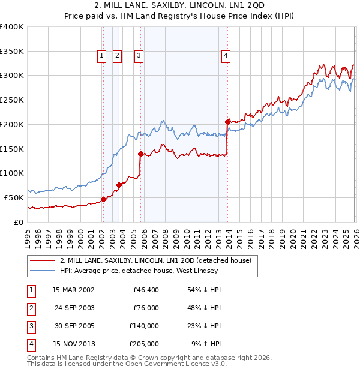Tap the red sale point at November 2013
coord(228,122)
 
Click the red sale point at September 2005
coord(141,154)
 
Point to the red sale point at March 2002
coord(103,199)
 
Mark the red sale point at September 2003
coord(119,185)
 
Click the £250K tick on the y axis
coord(11,100)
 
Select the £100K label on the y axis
coord(11,173)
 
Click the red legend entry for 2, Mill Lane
coord(158,260)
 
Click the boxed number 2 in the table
coord(30,308)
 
